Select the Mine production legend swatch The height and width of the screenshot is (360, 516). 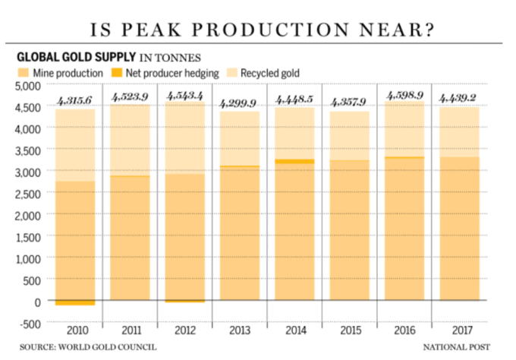[23, 73]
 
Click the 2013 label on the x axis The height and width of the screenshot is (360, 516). [239, 331]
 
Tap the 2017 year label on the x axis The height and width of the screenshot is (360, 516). [458, 331]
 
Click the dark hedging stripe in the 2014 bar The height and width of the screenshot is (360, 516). [294, 162]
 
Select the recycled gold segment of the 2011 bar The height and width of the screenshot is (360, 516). [129, 141]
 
